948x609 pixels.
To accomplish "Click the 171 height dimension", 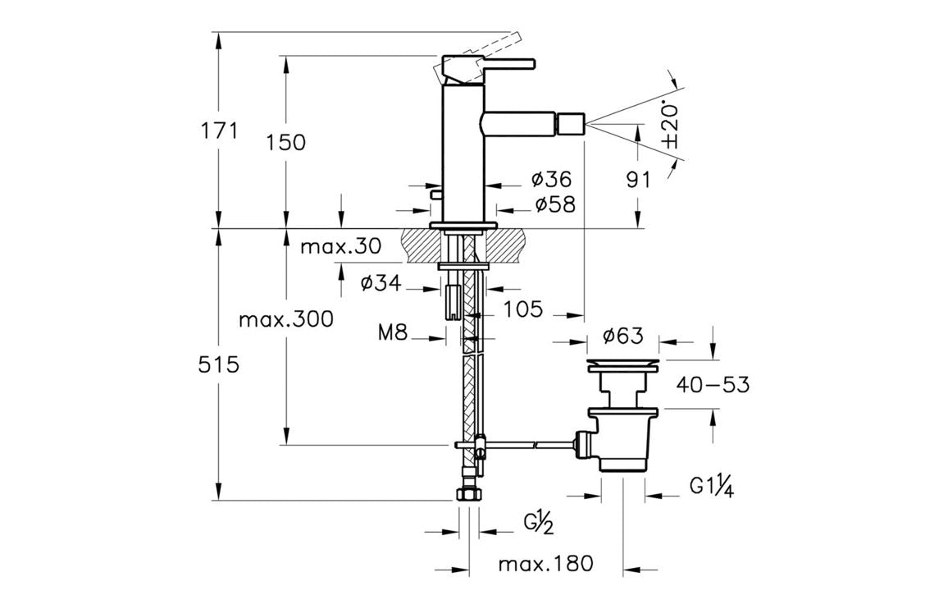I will [x=218, y=130].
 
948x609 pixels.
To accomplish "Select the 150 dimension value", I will [x=285, y=142].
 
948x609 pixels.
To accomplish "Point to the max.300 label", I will [x=285, y=319].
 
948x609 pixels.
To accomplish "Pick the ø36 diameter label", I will [x=550, y=179].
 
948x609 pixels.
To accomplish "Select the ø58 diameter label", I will [x=554, y=205].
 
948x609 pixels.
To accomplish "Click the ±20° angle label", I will [x=671, y=126].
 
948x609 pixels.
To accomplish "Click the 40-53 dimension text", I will [x=713, y=384].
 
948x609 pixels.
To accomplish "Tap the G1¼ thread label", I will [x=711, y=488].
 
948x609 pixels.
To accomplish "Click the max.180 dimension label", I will [x=545, y=564].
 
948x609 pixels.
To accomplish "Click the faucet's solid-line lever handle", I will [x=500, y=62].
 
